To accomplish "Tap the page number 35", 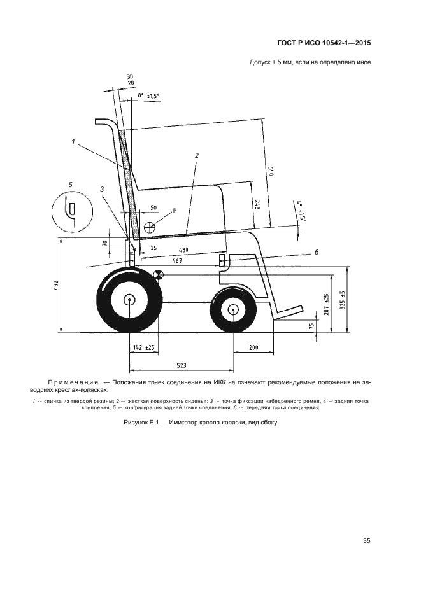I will (x=366, y=541).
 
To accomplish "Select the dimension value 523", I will (x=182, y=365).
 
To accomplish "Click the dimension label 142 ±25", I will (x=143, y=347).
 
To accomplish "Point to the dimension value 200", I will (x=253, y=347).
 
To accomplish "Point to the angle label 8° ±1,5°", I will (x=148, y=95).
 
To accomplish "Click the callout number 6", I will (x=316, y=253).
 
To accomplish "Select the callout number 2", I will (x=197, y=155).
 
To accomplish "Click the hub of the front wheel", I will (x=233, y=310).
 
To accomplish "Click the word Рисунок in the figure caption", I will (x=136, y=423).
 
